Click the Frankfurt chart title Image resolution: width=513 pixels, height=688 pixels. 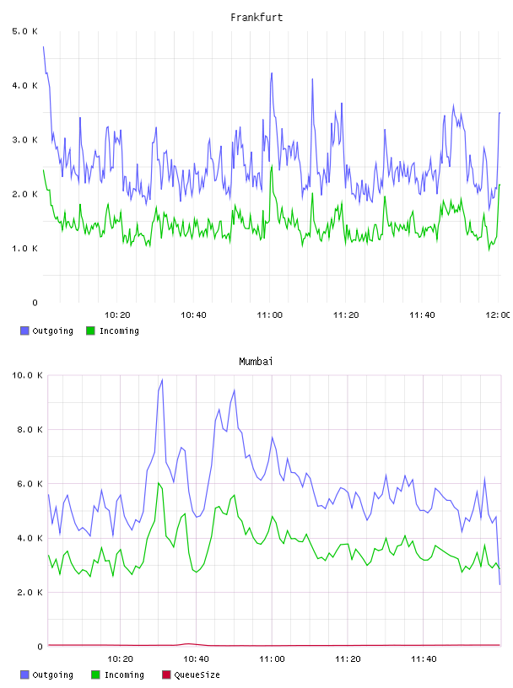coord(256,17)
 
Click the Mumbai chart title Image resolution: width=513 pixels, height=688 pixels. coord(256,361)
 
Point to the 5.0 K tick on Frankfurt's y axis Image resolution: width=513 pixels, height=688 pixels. coord(24,31)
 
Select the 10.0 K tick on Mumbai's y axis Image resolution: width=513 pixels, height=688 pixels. coord(27,375)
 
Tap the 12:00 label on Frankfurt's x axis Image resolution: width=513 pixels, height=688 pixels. coord(497,314)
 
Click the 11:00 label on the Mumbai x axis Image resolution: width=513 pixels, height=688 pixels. coord(272,658)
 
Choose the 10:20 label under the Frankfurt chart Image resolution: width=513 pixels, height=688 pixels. coord(117,314)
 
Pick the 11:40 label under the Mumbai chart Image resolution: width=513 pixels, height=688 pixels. coord(424,658)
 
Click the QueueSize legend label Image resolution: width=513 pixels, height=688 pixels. coord(197,675)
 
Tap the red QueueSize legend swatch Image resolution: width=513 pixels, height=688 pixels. coord(166,675)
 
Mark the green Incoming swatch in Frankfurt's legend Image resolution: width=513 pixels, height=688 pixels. coord(90,331)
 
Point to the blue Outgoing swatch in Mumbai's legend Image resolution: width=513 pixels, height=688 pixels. coord(24,675)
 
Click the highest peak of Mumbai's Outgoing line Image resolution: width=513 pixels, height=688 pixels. coord(162,379)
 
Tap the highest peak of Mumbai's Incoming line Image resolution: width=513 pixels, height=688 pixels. coord(158,482)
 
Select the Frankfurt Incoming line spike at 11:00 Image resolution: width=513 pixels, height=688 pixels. coord(272,165)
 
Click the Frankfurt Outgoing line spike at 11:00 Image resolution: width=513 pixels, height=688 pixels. coord(272,73)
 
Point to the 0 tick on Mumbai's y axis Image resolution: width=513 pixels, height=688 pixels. coord(40,647)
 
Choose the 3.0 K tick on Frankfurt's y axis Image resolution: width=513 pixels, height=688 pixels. coord(24,140)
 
